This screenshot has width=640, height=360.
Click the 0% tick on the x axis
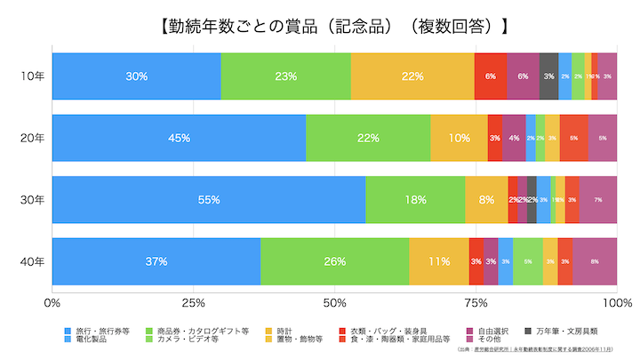tap(52, 303)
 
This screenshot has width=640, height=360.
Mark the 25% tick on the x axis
tap(193, 303)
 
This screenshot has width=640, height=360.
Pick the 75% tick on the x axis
tap(476, 303)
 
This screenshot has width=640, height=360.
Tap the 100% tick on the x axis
tap(616, 303)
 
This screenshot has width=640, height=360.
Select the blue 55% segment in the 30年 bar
tap(208, 200)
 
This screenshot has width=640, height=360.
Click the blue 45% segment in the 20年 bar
tap(179, 138)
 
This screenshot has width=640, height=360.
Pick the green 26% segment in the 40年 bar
tap(335, 261)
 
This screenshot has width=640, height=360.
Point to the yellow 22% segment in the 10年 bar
tap(412, 76)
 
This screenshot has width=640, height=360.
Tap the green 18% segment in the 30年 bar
tap(415, 200)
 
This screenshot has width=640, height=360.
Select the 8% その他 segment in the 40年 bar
tap(595, 261)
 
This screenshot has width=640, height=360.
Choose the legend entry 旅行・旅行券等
tap(98, 331)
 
